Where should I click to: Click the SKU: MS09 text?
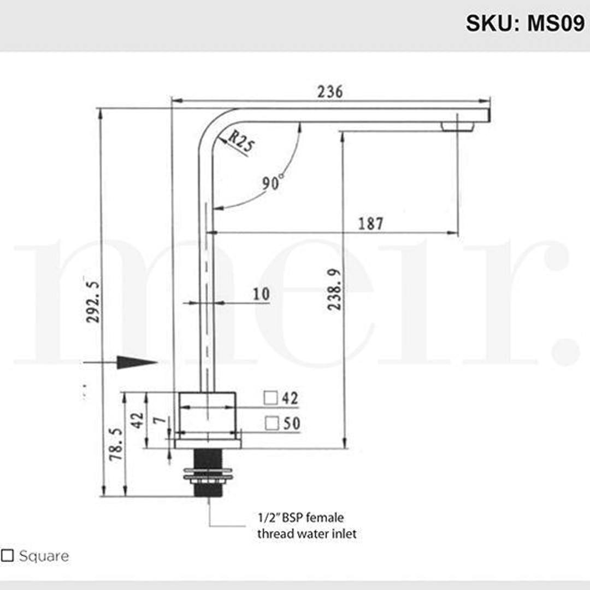pos(524,23)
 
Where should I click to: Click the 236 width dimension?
pos(330,92)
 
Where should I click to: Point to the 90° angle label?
pos(272,183)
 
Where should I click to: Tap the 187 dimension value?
pos(371,223)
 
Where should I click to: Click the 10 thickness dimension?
pos(261,294)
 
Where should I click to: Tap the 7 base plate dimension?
pos(159,420)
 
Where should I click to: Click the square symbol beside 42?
pos(270,398)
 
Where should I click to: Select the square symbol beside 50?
pos(272,423)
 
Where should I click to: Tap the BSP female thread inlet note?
pos(306,526)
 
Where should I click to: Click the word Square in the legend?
pos(44,556)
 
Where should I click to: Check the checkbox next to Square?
pos(8,556)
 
